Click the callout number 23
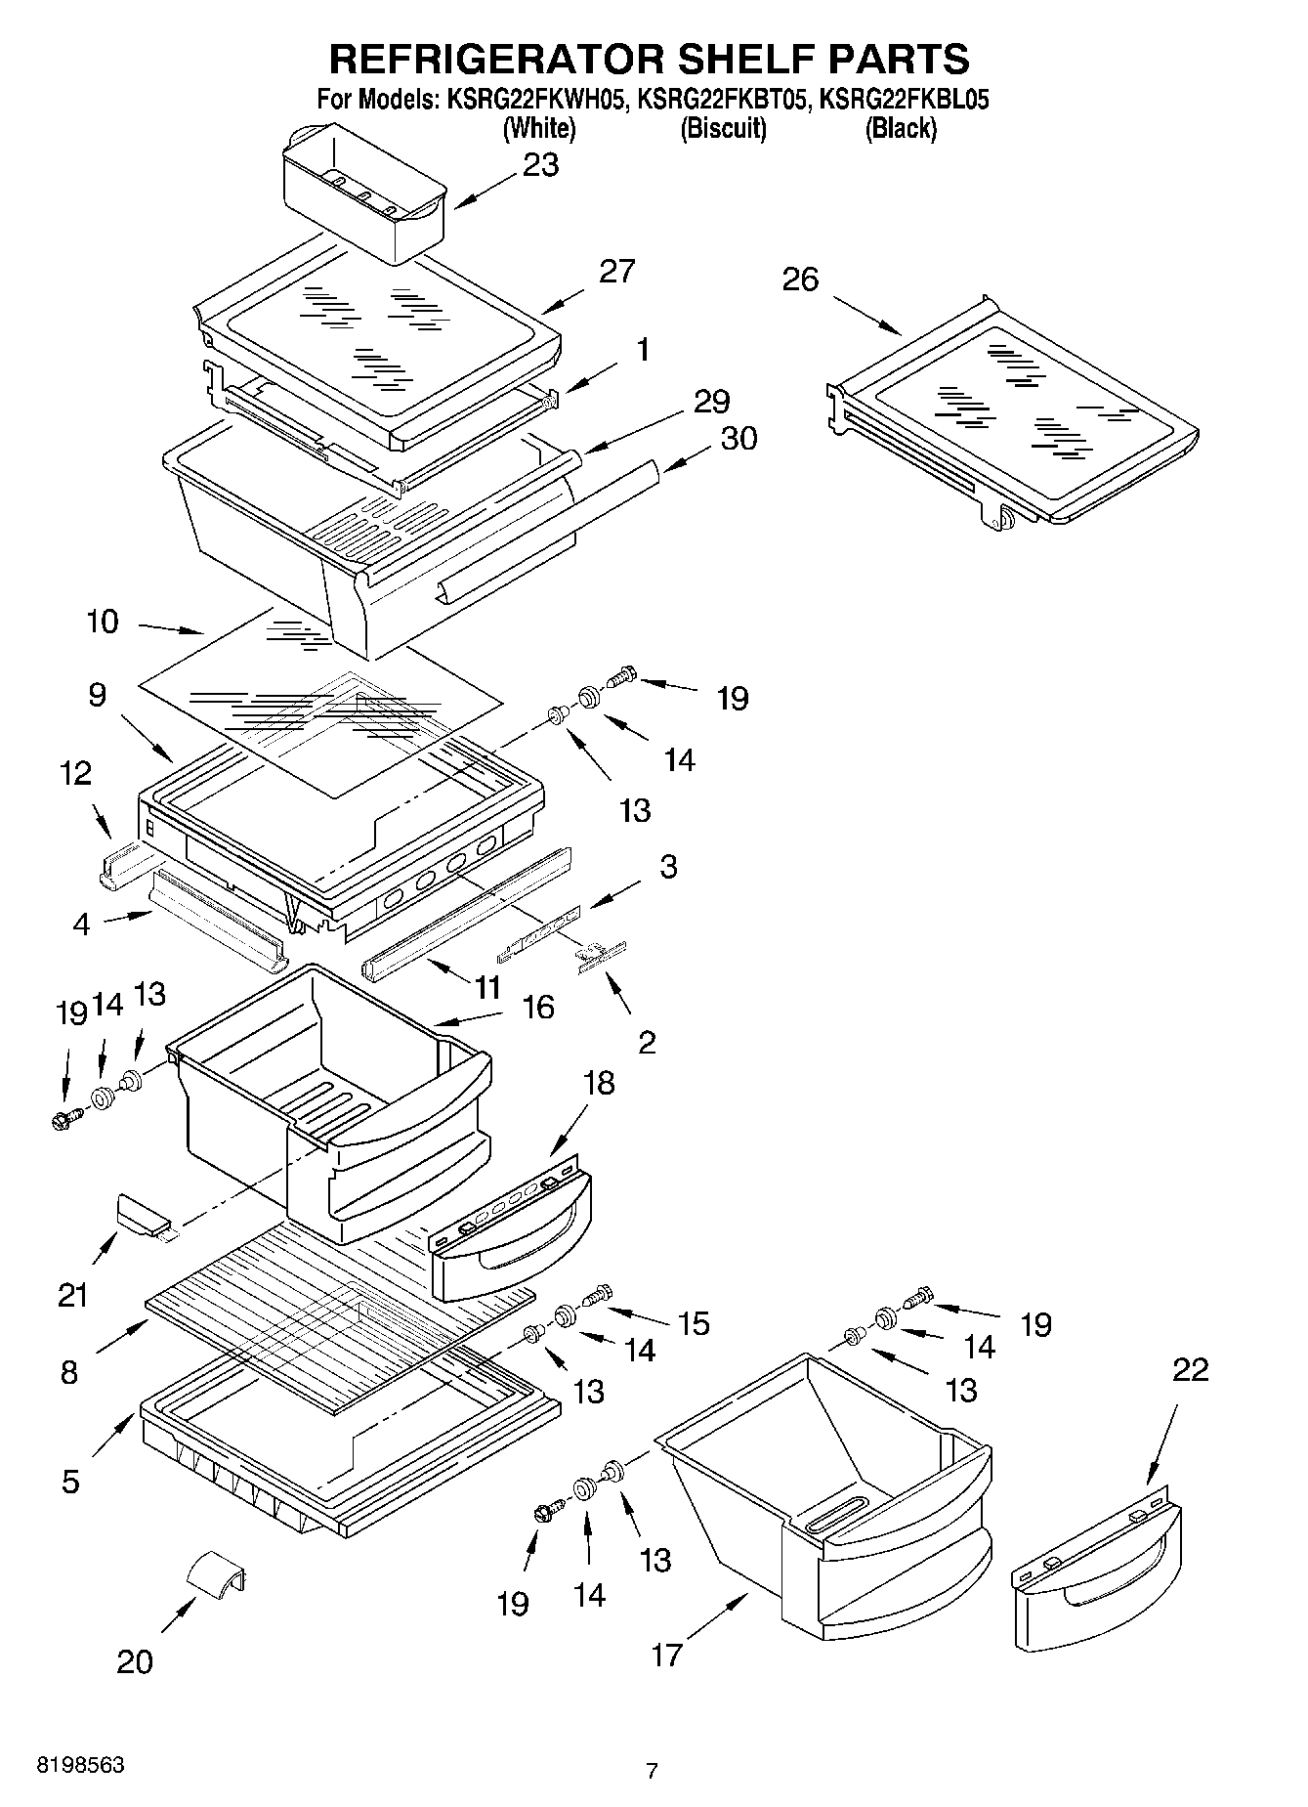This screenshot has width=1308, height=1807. [540, 165]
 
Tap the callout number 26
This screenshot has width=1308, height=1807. [800, 280]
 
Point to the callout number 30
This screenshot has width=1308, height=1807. [738, 439]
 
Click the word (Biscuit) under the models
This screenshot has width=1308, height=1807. [723, 128]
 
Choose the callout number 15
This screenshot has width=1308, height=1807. [694, 1323]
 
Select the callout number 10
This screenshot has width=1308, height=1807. [103, 622]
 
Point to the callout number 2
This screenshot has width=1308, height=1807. [647, 1043]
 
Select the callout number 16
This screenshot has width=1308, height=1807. [538, 1007]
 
